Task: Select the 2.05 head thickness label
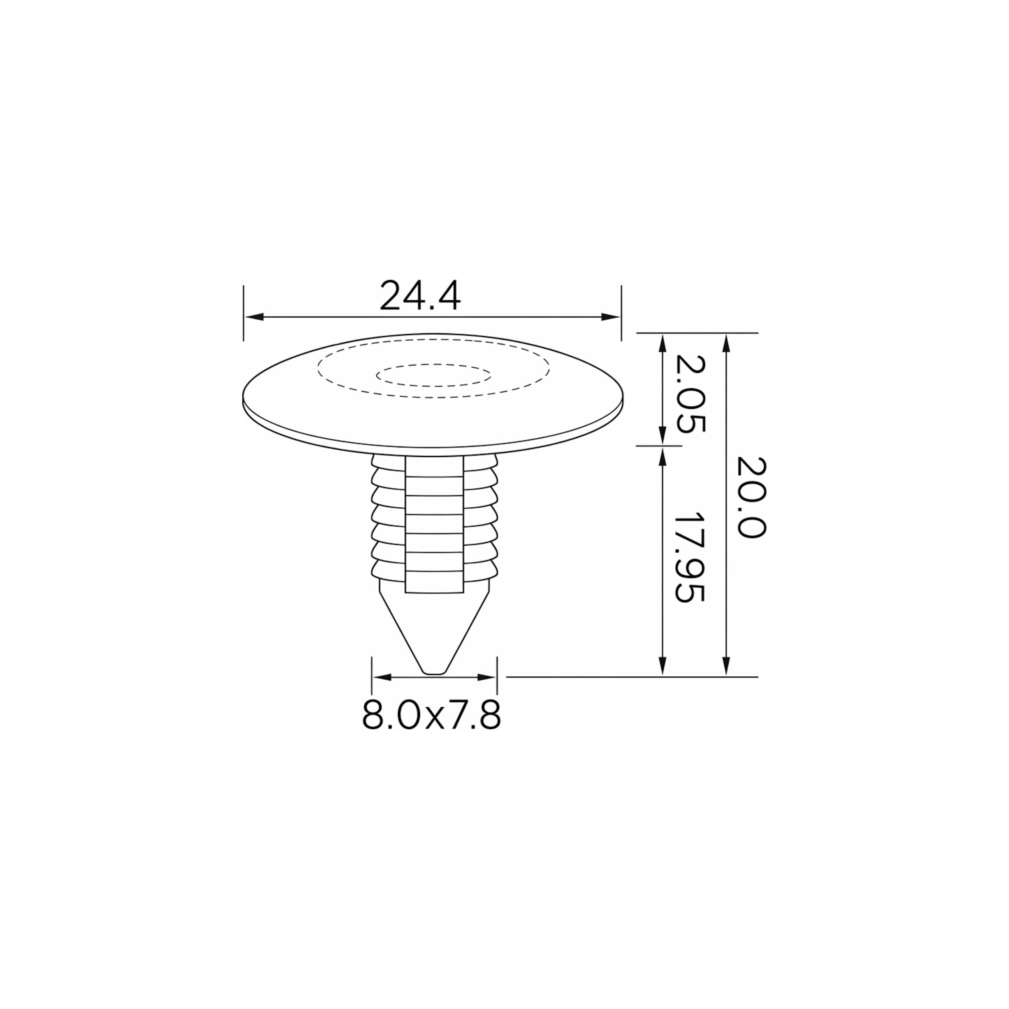click(691, 394)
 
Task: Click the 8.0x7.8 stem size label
click(431, 714)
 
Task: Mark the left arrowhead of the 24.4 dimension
click(254, 317)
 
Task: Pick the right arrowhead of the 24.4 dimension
click(611, 317)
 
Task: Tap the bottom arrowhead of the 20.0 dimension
click(726, 666)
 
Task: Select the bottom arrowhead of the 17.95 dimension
click(662, 666)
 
